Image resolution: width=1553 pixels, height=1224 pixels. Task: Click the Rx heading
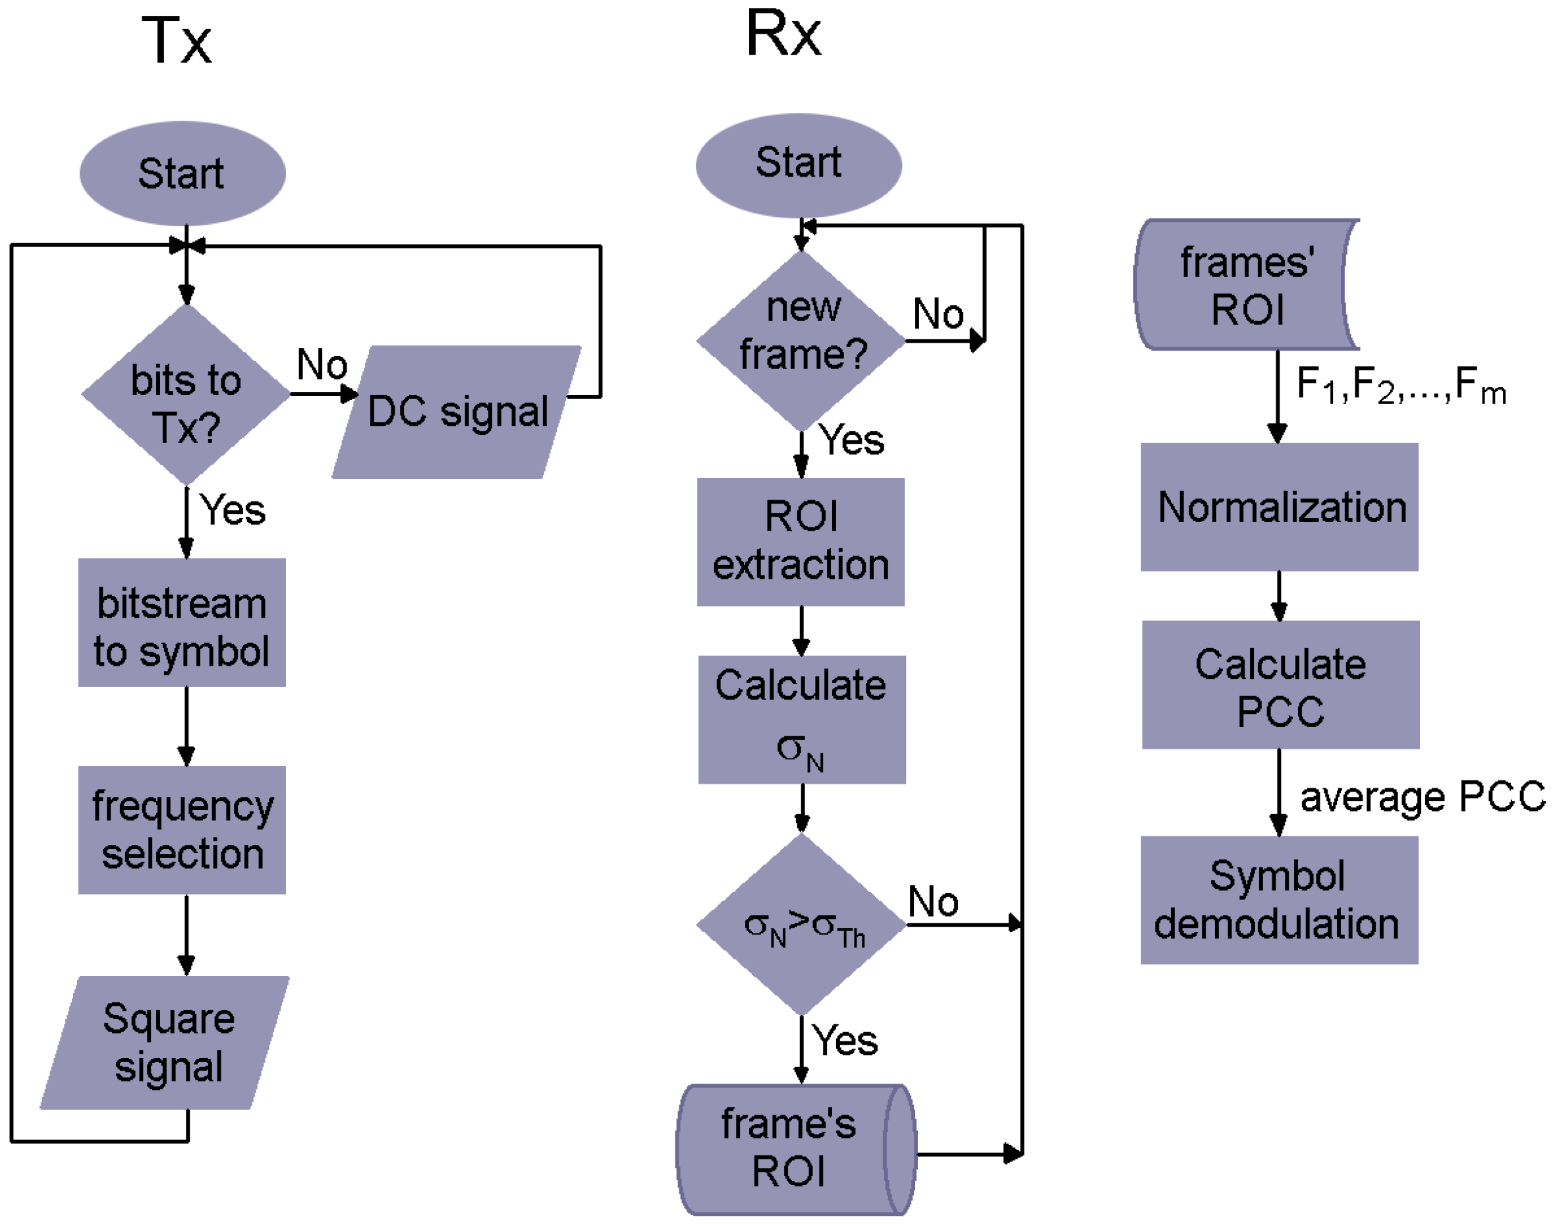(x=783, y=34)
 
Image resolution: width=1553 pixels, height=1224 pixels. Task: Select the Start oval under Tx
(x=182, y=173)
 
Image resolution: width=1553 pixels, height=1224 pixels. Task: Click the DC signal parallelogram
(x=457, y=412)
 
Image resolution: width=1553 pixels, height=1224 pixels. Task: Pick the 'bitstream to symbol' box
(x=182, y=623)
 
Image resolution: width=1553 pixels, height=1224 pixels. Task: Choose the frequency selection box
(x=182, y=830)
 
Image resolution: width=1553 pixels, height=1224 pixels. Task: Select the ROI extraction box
(x=801, y=542)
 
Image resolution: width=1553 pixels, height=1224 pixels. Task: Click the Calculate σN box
(x=802, y=720)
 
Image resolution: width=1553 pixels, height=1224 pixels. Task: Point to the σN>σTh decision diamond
(x=802, y=925)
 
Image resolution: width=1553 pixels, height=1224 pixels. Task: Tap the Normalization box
(x=1280, y=508)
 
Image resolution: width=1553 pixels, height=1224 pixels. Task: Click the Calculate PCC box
(x=1280, y=685)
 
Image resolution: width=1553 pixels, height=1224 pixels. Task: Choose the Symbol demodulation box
(x=1280, y=900)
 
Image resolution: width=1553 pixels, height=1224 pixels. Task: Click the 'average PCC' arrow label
(x=1421, y=797)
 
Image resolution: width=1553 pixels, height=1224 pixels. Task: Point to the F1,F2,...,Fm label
(x=1399, y=385)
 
